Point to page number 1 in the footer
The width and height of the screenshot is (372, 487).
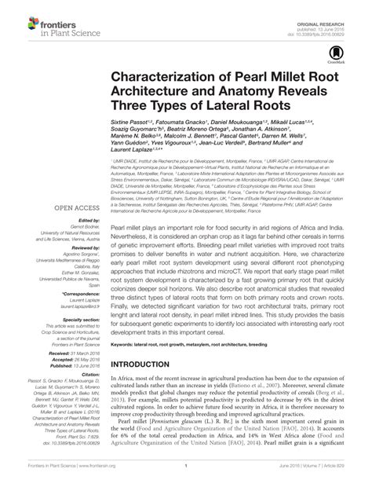[x=186, y=478]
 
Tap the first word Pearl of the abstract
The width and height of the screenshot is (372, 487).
[x=119, y=203]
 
